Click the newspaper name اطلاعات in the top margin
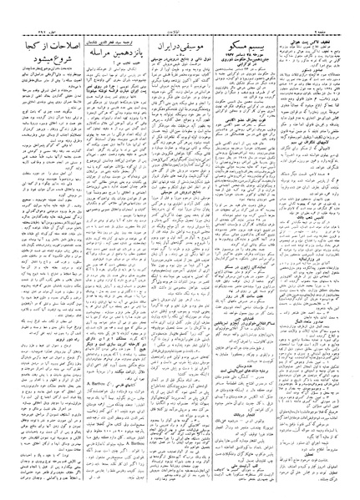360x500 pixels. pyautogui.click(x=180, y=5)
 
